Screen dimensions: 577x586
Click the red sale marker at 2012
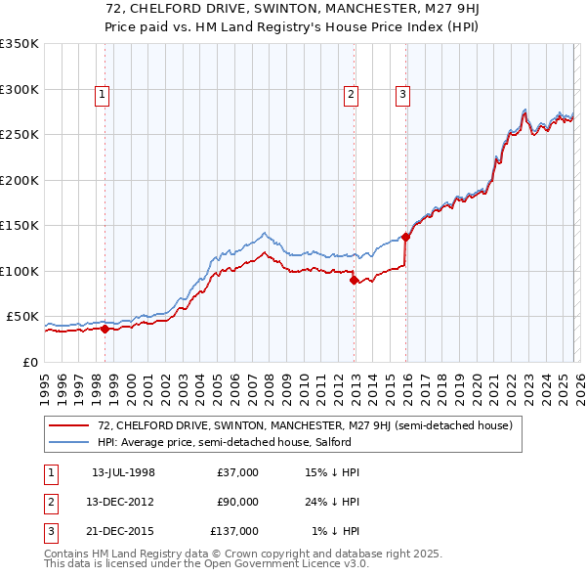354,280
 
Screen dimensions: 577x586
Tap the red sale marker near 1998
105,329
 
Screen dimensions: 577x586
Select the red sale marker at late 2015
405,237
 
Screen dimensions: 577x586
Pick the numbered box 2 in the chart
351,95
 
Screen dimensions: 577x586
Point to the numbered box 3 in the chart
402,95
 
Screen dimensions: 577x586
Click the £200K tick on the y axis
20,180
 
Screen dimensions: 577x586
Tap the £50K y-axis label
22,317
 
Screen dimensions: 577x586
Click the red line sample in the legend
70,425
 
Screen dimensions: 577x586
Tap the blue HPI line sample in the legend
70,442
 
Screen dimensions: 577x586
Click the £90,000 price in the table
237,502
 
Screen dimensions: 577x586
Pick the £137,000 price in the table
234,531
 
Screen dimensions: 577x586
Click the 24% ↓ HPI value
332,502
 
